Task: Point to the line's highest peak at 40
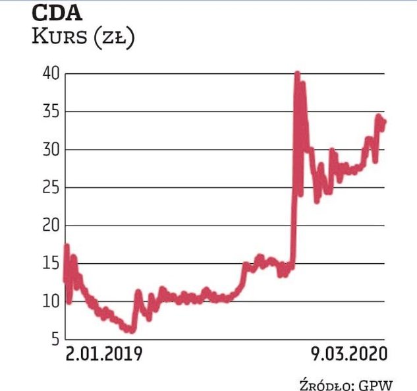pyautogui.click(x=297, y=75)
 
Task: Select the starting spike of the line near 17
pyautogui.click(x=66, y=247)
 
